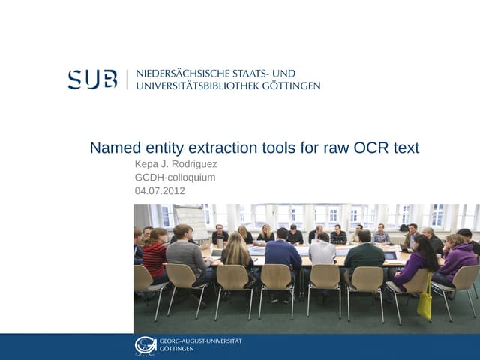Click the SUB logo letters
(x=92, y=79)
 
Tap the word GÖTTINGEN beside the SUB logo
(x=291, y=85)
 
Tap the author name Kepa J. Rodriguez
(x=175, y=165)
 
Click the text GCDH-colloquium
(x=175, y=178)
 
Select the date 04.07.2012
(x=159, y=190)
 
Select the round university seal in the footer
(x=145, y=345)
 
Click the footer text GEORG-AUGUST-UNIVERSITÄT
(x=200, y=341)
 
